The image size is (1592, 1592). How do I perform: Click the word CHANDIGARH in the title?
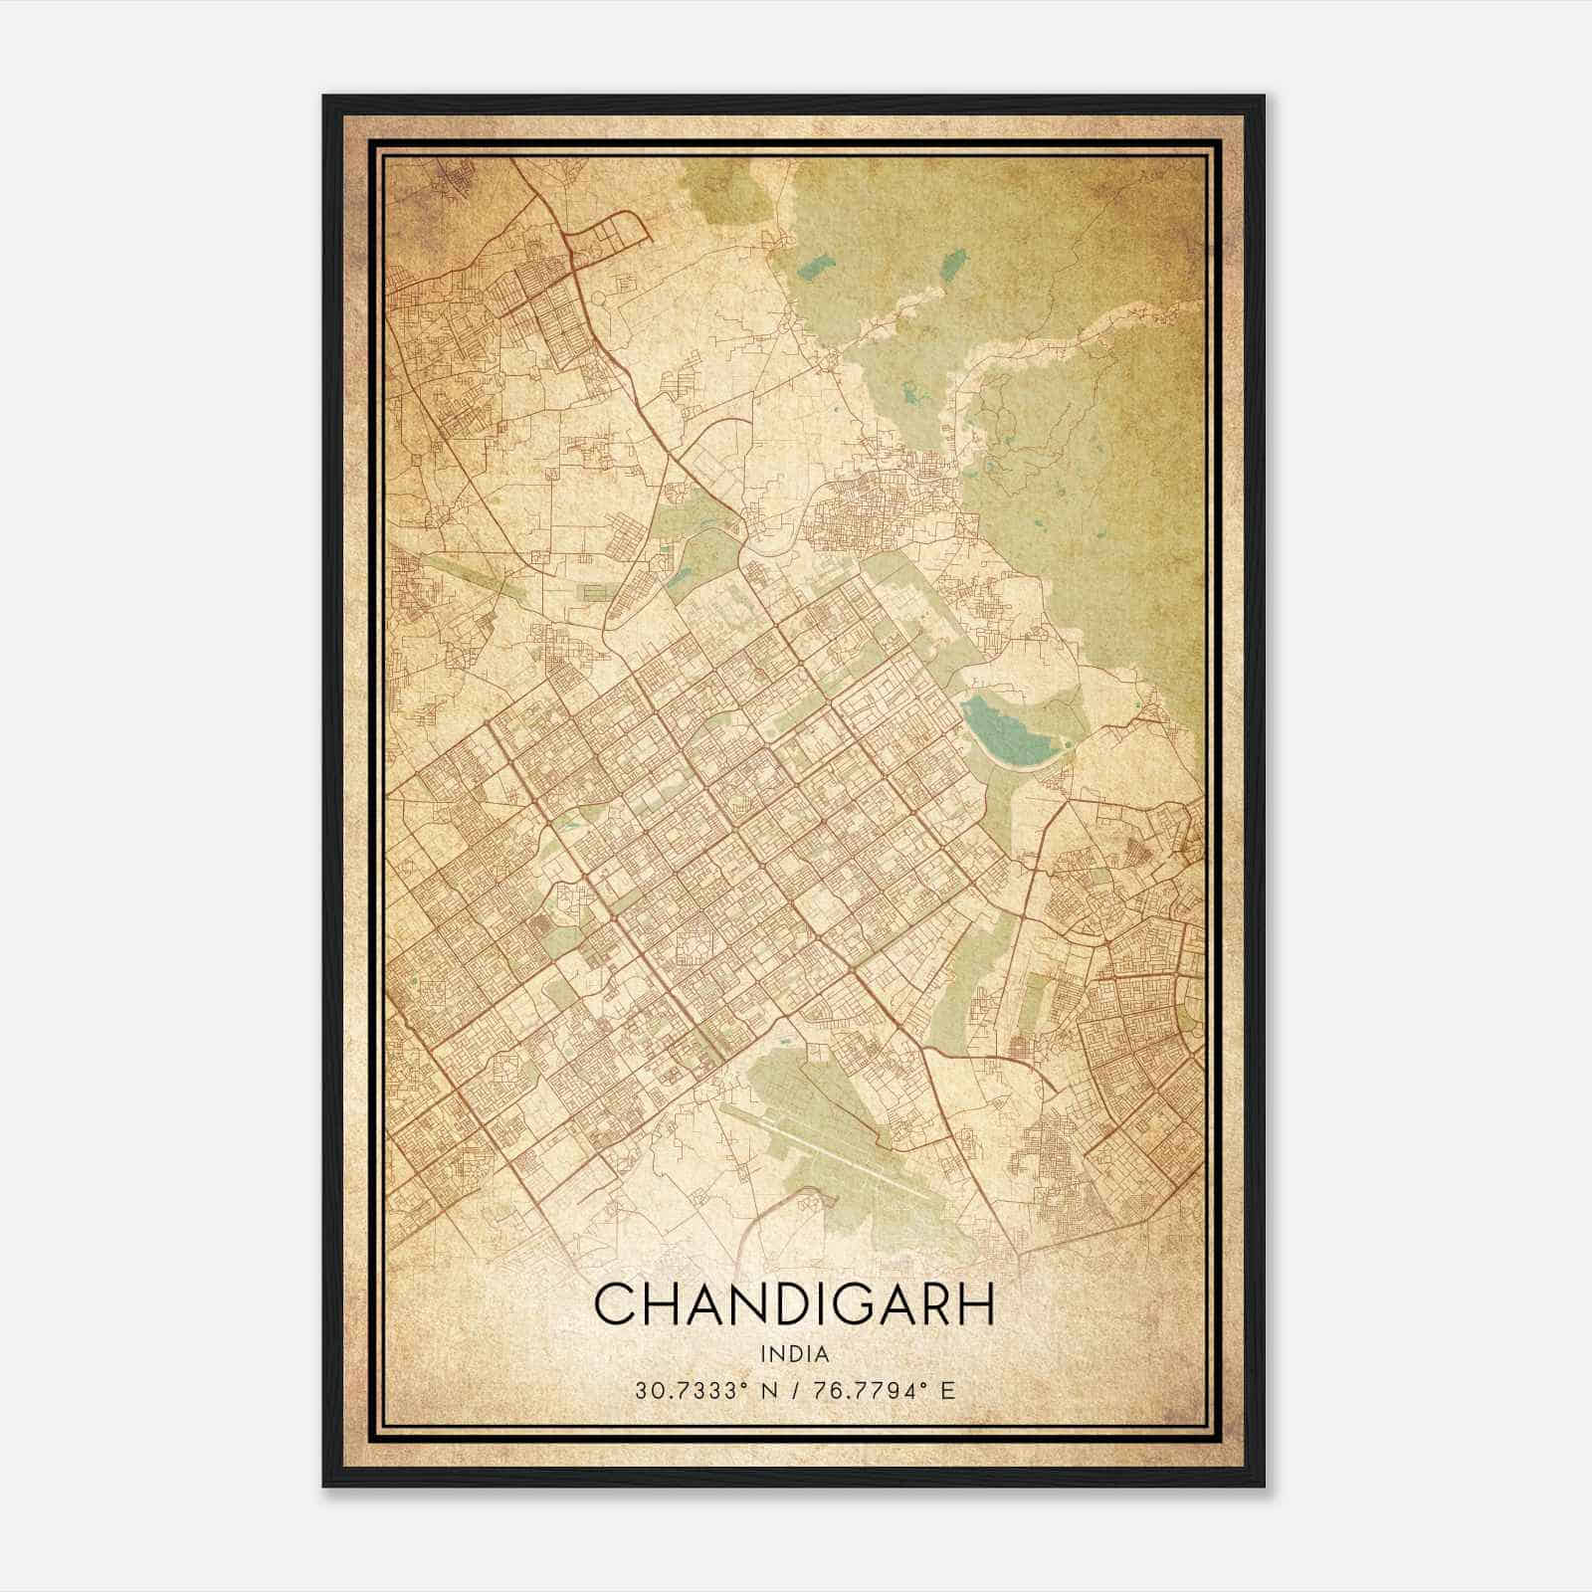tap(794, 1304)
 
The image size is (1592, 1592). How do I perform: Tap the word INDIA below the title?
tap(794, 1353)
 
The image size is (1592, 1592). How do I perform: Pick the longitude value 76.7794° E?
tap(883, 1390)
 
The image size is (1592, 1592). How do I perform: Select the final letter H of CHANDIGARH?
tap(974, 1304)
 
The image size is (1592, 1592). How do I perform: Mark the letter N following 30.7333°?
tap(767, 1390)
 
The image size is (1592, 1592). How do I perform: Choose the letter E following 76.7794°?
tap(948, 1390)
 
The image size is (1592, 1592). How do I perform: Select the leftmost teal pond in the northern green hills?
tap(816, 267)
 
